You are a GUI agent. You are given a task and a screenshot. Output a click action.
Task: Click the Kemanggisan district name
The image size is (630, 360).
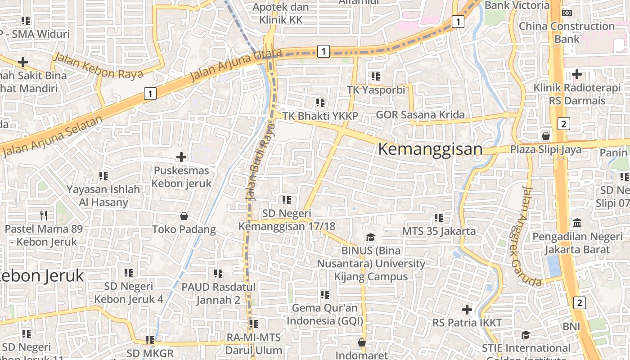(430, 149)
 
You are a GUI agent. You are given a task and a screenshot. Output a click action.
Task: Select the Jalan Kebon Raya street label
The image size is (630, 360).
(98, 66)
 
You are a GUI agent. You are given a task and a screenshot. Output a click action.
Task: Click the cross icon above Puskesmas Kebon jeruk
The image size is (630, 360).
(181, 157)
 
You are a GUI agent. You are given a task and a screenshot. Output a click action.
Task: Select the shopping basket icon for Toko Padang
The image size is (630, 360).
(184, 216)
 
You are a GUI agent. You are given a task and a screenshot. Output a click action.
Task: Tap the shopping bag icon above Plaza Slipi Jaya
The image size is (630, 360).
(546, 135)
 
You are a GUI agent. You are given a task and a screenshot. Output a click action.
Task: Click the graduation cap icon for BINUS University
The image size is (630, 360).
(370, 237)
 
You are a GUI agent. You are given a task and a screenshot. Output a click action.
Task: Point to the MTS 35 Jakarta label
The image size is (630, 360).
(439, 231)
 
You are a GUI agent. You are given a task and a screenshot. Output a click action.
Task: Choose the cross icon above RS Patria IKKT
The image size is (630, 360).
(467, 310)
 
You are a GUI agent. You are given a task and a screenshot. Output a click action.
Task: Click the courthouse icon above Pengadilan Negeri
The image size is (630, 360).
(577, 223)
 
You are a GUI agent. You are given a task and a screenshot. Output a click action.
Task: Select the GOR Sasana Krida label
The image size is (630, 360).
(420, 115)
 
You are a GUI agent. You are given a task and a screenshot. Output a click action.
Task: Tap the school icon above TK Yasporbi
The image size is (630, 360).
(376, 76)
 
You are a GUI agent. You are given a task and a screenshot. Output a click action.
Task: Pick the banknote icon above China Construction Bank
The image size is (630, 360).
(567, 13)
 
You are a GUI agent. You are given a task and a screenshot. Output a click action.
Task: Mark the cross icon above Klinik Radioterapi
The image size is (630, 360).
(577, 74)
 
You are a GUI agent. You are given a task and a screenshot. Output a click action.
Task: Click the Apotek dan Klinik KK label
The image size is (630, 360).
(281, 13)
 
